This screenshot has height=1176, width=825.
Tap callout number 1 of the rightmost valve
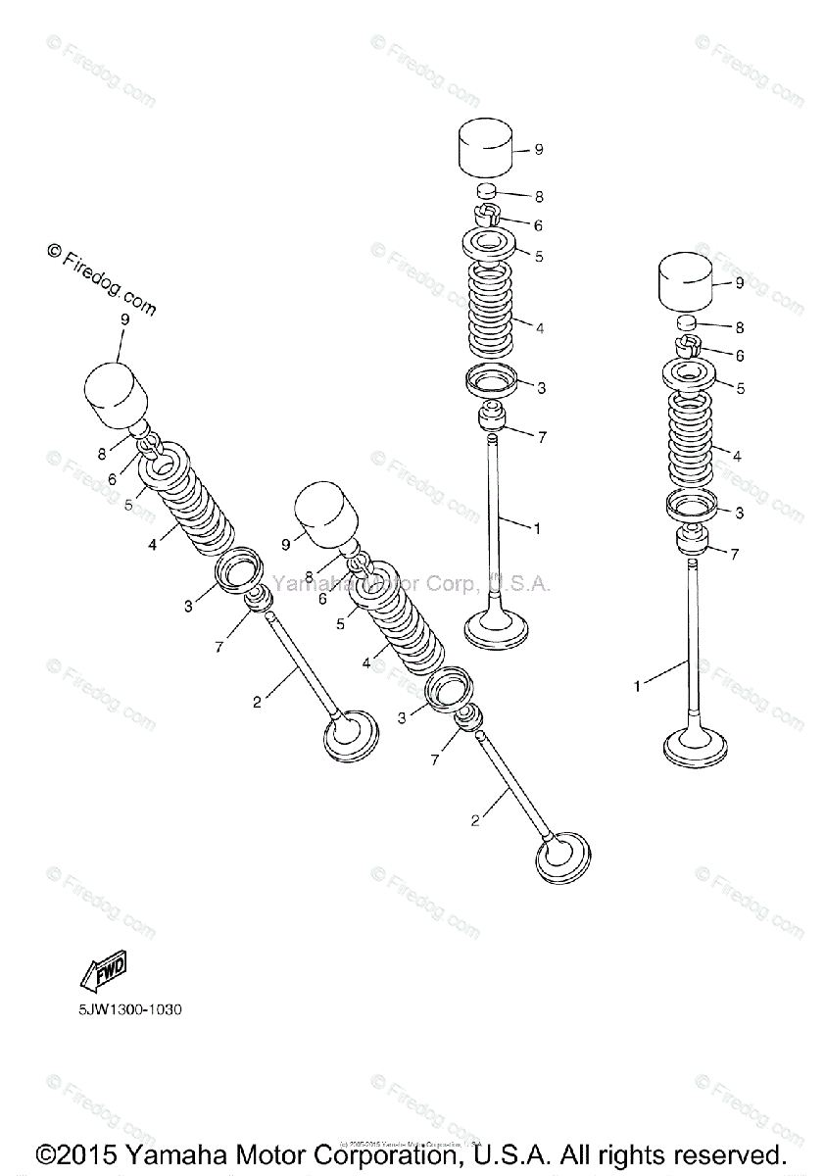[x=636, y=687]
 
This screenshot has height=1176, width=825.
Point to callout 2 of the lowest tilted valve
[x=475, y=821]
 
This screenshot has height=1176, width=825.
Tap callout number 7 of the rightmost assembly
[x=735, y=555]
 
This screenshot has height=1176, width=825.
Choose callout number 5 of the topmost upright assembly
[x=539, y=256]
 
